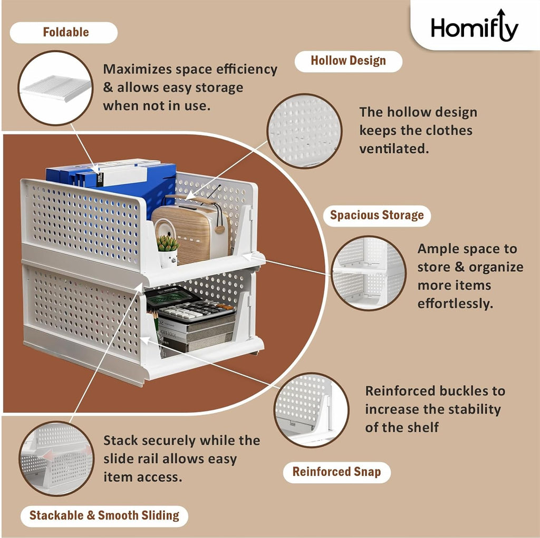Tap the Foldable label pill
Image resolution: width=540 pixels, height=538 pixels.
click(x=63, y=32)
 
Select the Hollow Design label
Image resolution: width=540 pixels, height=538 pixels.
click(x=348, y=61)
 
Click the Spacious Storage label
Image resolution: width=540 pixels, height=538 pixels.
click(x=377, y=215)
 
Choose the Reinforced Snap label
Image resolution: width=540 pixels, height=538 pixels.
click(x=336, y=472)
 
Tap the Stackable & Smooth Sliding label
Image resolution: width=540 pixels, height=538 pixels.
click(x=104, y=515)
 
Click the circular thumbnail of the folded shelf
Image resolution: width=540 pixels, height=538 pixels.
click(x=55, y=88)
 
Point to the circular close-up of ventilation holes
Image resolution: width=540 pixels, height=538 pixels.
click(x=304, y=131)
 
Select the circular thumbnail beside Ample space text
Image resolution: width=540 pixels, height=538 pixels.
click(x=369, y=272)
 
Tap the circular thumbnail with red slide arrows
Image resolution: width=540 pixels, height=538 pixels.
click(x=56, y=458)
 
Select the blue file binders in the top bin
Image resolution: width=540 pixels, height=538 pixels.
click(x=121, y=177)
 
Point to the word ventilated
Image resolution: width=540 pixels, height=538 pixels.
click(x=394, y=149)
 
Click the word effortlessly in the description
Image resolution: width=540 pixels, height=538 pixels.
click(x=455, y=304)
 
